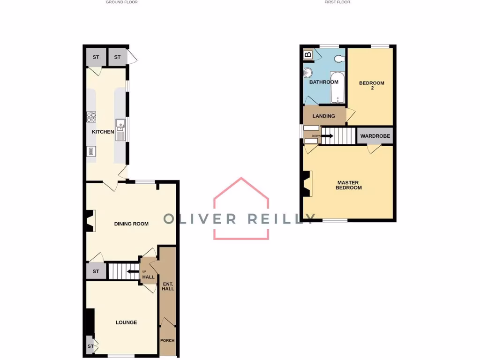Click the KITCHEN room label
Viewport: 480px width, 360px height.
coord(103,132)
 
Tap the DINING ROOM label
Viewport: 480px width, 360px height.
coord(131,224)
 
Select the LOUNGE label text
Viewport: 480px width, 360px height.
coord(126,322)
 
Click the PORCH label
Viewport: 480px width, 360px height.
coord(167,340)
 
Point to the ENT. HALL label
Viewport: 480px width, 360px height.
coord(167,286)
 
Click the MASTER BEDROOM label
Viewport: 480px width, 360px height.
coord(349,185)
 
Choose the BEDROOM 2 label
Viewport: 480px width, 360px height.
coord(371,85)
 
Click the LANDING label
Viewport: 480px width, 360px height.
coord(323,116)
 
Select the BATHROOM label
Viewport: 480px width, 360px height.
coord(323,82)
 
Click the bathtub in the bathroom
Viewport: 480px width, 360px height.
coord(338,88)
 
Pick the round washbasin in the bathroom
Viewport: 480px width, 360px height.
coord(308,73)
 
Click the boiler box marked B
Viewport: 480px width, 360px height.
coord(308,55)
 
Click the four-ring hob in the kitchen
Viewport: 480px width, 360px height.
coord(91,117)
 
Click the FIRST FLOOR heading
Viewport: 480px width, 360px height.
coord(337,2)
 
